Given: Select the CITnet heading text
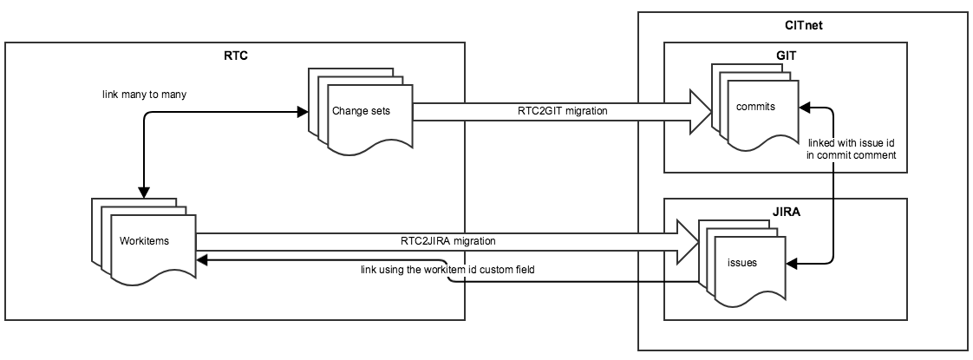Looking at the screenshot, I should click(803, 26).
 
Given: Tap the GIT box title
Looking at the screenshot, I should click(786, 55).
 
